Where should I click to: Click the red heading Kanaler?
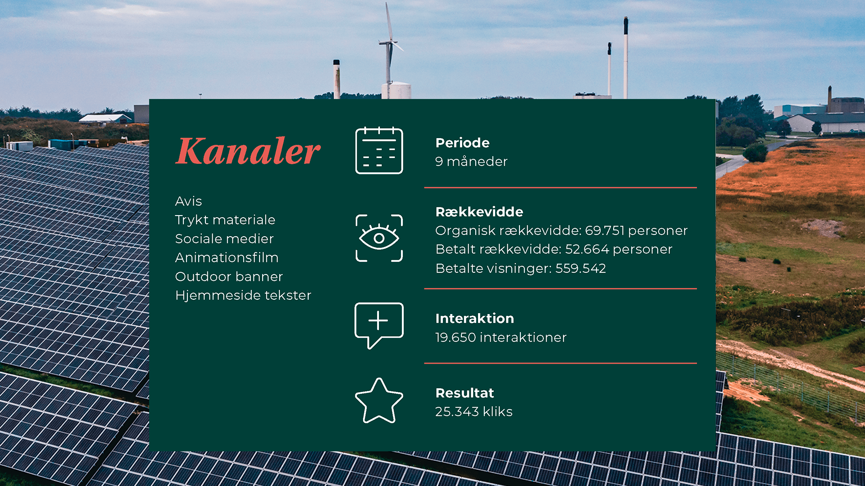[248, 151]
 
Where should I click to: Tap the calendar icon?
[379, 150]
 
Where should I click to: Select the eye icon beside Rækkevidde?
[379, 238]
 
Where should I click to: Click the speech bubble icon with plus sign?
[379, 325]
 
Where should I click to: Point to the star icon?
[379, 400]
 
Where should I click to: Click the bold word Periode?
[462, 143]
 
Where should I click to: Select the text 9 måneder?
[471, 162]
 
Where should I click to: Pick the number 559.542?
[580, 268]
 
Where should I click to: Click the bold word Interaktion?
[474, 319]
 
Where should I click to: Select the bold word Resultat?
[464, 393]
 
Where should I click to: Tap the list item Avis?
[188, 201]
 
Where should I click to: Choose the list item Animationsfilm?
[227, 257]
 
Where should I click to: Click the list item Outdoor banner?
[229, 276]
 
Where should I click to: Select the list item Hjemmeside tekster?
[243, 295]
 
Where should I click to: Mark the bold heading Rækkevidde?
[479, 212]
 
